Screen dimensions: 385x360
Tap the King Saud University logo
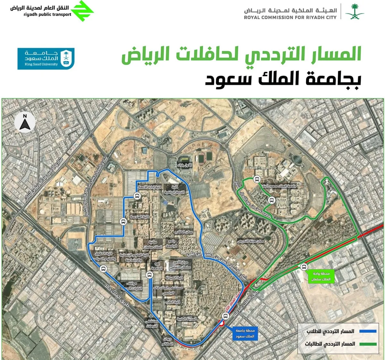tap(46, 58)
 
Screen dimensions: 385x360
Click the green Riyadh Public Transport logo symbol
tap(82, 11)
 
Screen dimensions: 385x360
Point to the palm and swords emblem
tap(355, 12)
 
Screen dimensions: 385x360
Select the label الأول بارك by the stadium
tap(184, 165)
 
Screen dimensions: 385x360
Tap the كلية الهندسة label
tap(140, 217)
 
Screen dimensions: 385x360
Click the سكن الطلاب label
tap(184, 232)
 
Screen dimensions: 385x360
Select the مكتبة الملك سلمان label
tap(153, 244)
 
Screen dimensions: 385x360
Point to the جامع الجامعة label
tap(172, 243)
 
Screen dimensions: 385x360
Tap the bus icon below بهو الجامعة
tap(149, 275)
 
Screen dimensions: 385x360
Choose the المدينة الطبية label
tap(187, 319)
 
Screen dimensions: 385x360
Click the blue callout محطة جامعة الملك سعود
tap(245, 333)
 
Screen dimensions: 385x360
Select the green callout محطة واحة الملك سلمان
tap(321, 277)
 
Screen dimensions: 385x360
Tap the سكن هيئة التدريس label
tap(251, 241)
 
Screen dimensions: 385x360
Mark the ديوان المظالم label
tap(168, 341)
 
